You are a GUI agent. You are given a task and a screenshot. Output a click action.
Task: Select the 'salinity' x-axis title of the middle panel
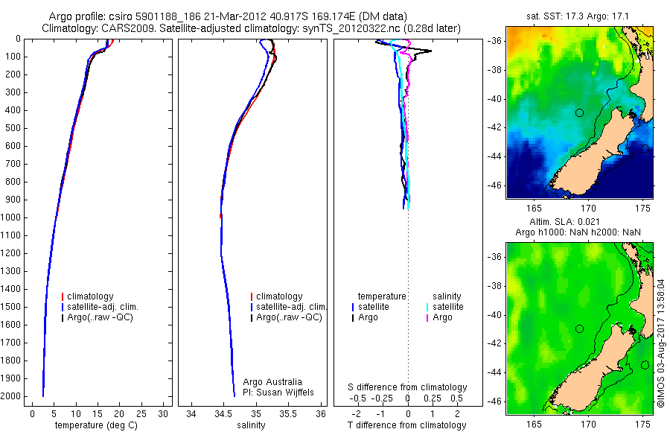[250, 425]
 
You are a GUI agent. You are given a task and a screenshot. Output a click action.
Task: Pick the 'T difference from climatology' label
[407, 425]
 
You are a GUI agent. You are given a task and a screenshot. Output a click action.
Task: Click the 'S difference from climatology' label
[408, 387]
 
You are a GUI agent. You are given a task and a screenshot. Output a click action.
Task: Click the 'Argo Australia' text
[272, 382]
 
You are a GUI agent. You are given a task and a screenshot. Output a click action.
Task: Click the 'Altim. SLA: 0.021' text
[579, 222]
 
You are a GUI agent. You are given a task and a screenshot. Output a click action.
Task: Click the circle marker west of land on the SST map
[579, 112]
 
